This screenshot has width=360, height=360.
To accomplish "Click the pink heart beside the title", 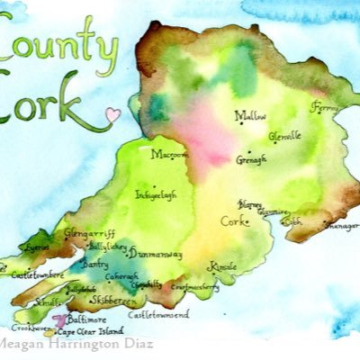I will tap(112, 115).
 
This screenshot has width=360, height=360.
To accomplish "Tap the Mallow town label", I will tap(252, 115).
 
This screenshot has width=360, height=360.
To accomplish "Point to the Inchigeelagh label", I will tap(156, 193).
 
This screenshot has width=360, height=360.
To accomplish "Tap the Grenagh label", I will tap(251, 158).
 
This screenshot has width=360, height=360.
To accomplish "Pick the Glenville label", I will tap(287, 136).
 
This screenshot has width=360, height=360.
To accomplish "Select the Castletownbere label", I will tap(37, 274).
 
